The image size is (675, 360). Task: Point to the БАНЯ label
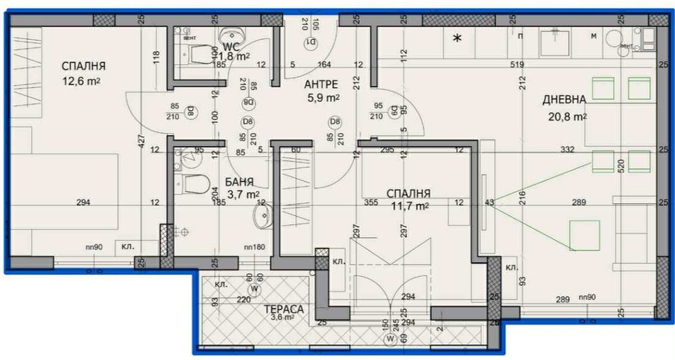[x=240, y=182]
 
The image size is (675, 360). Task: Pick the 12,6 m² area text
[x=80, y=81]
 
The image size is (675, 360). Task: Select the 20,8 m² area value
[x=565, y=116]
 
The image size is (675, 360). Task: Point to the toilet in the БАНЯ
[x=193, y=183]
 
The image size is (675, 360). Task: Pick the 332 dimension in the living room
[x=567, y=149]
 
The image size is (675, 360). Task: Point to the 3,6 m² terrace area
[x=283, y=317]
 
